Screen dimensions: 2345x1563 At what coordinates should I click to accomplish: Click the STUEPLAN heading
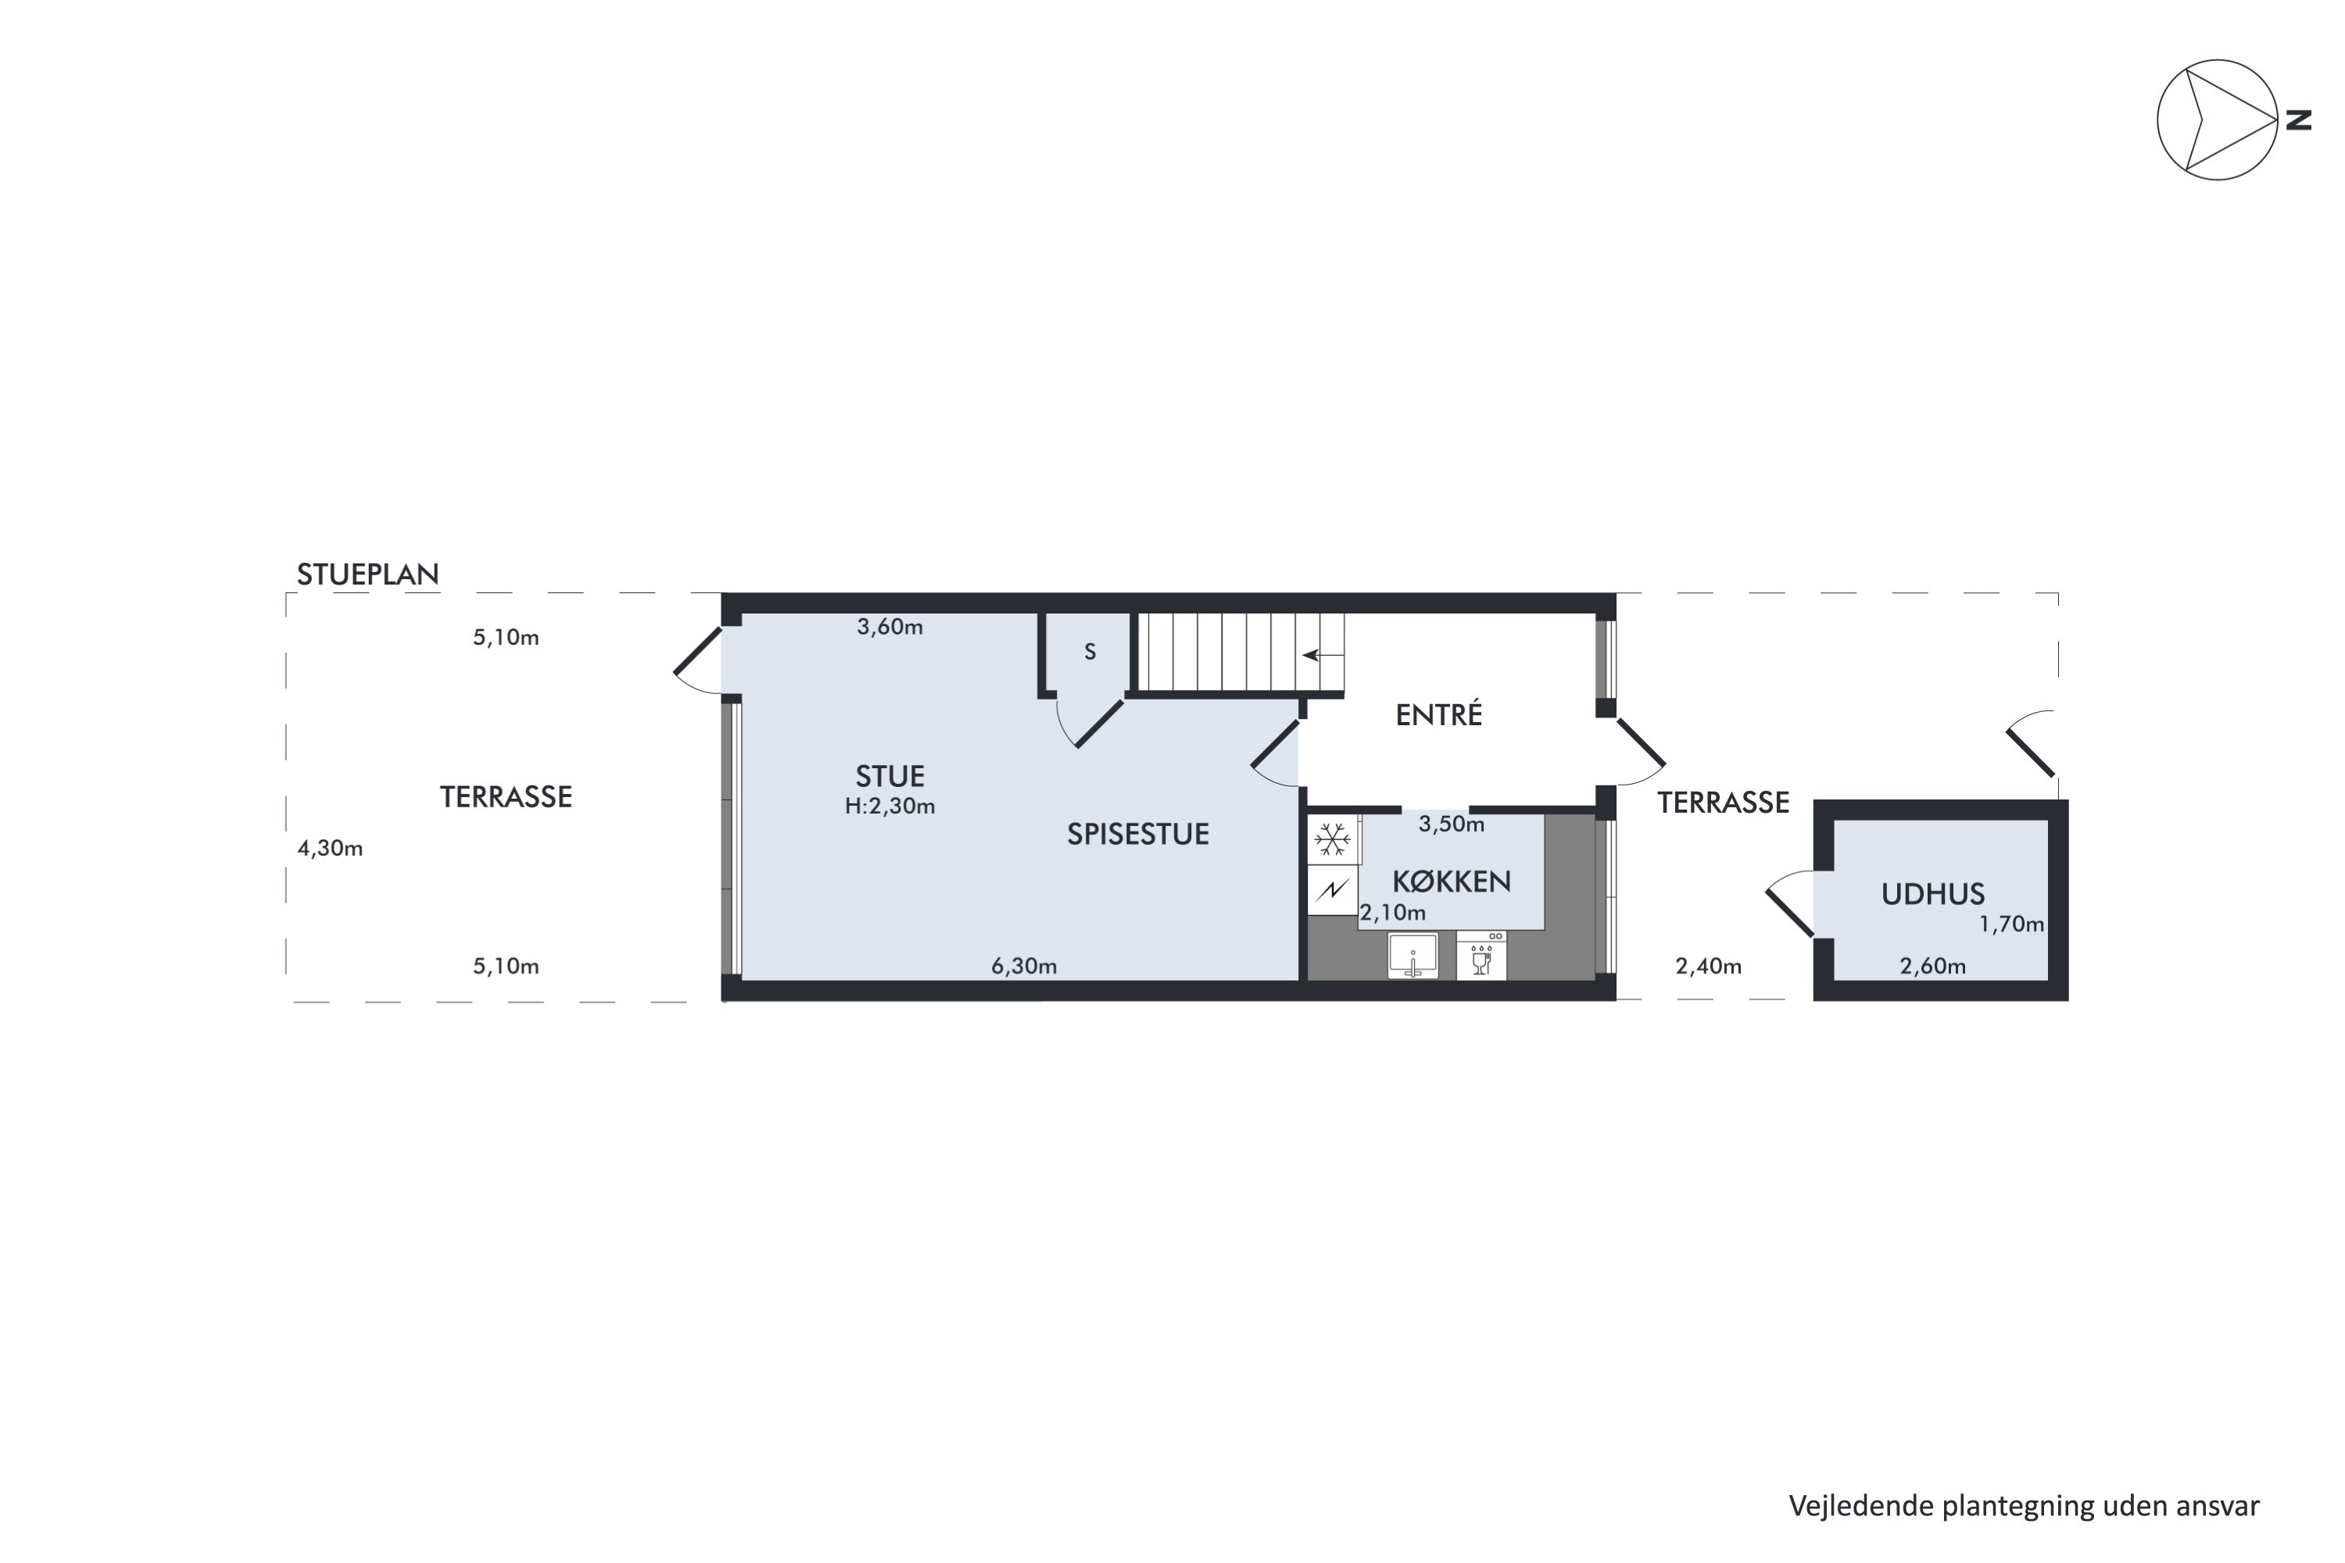pos(368,574)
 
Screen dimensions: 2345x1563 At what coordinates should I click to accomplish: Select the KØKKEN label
pos(1452,882)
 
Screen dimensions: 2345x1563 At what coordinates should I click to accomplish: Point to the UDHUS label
pos(1933,894)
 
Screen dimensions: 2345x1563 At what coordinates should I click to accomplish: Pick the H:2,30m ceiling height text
pos(890,807)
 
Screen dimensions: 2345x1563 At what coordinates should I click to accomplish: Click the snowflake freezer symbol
pos(1333,840)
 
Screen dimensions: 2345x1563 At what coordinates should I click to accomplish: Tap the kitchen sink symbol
pos(1412,956)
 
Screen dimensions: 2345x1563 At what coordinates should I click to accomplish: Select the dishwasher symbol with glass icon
pos(1481,956)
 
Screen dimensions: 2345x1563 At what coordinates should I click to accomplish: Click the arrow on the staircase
pos(1323,655)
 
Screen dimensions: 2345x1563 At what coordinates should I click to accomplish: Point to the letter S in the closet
pos(1090,652)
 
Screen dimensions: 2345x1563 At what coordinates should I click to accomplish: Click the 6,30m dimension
pos(1024,966)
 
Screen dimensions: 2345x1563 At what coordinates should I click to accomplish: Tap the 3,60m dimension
pos(890,627)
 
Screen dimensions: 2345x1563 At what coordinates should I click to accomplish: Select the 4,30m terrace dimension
pos(330,848)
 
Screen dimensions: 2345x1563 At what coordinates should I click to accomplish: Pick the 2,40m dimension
pos(1709,966)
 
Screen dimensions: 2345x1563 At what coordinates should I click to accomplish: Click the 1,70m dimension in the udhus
pos(2012,924)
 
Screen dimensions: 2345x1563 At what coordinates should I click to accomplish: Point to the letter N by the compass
pos(2298,120)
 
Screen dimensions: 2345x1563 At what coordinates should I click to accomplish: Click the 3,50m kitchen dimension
pos(1452,824)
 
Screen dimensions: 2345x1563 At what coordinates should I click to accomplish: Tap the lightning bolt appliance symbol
pos(1333,889)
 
